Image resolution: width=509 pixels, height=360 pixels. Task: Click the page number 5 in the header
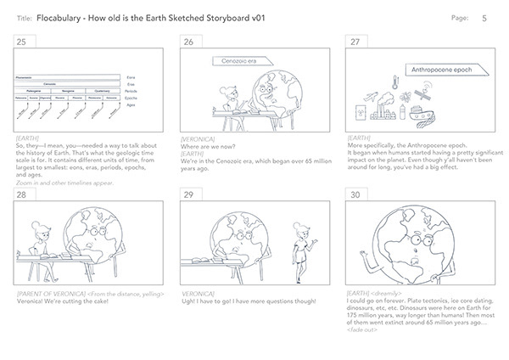coord(484,17)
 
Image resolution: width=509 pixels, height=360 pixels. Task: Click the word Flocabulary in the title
coord(61,17)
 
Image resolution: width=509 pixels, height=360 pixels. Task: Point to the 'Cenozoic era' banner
coord(232,61)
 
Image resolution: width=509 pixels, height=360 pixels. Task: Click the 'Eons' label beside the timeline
coord(130,77)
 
